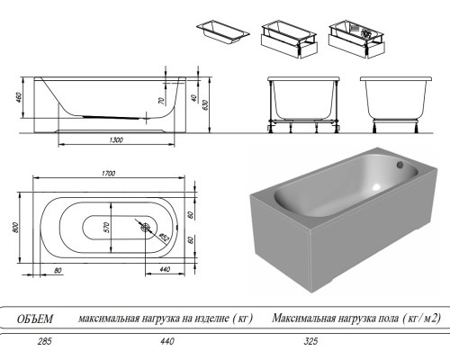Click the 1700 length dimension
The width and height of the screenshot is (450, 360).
(108, 174)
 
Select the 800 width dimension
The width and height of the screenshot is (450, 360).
(16, 228)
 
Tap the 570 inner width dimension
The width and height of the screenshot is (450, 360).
(107, 228)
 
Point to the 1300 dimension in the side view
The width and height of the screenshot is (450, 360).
(116, 140)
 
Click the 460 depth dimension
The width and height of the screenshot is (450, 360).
(19, 98)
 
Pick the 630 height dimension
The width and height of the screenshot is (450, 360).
(206, 104)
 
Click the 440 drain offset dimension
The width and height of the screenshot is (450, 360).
(165, 269)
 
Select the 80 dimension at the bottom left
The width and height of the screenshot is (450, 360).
(58, 271)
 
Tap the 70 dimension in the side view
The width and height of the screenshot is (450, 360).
(161, 101)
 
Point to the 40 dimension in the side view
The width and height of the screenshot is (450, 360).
(193, 98)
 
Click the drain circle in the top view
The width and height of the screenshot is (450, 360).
(147, 227)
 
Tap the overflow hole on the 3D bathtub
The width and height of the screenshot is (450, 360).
(400, 165)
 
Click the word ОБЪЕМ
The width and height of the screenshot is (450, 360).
(35, 319)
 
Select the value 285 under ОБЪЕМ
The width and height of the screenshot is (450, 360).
(45, 341)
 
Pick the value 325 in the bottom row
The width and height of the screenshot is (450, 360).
(310, 341)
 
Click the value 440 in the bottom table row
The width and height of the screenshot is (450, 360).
(167, 341)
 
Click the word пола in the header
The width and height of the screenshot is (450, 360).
(385, 319)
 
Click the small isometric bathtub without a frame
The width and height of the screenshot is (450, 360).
(223, 32)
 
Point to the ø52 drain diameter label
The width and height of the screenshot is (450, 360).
(164, 237)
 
